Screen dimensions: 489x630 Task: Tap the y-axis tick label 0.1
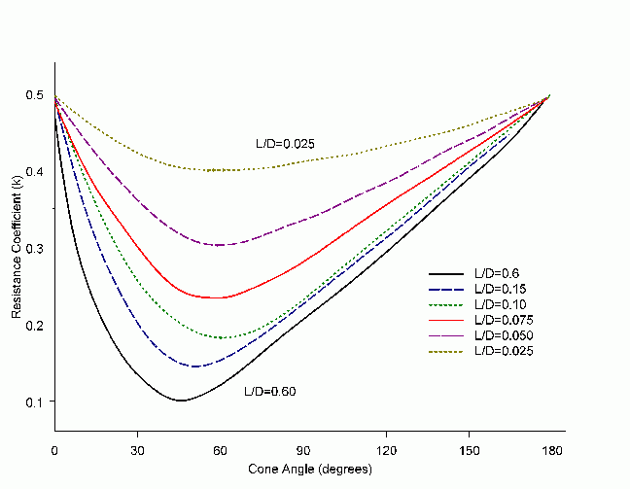(x=36, y=402)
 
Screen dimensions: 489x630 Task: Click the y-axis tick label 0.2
(x=36, y=325)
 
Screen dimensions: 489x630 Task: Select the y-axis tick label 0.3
(x=36, y=248)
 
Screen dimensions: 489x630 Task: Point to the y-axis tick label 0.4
(x=36, y=172)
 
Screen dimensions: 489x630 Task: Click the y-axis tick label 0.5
(x=36, y=95)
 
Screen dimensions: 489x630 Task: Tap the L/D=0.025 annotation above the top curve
(x=284, y=144)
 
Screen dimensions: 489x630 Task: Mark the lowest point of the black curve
(x=181, y=401)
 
